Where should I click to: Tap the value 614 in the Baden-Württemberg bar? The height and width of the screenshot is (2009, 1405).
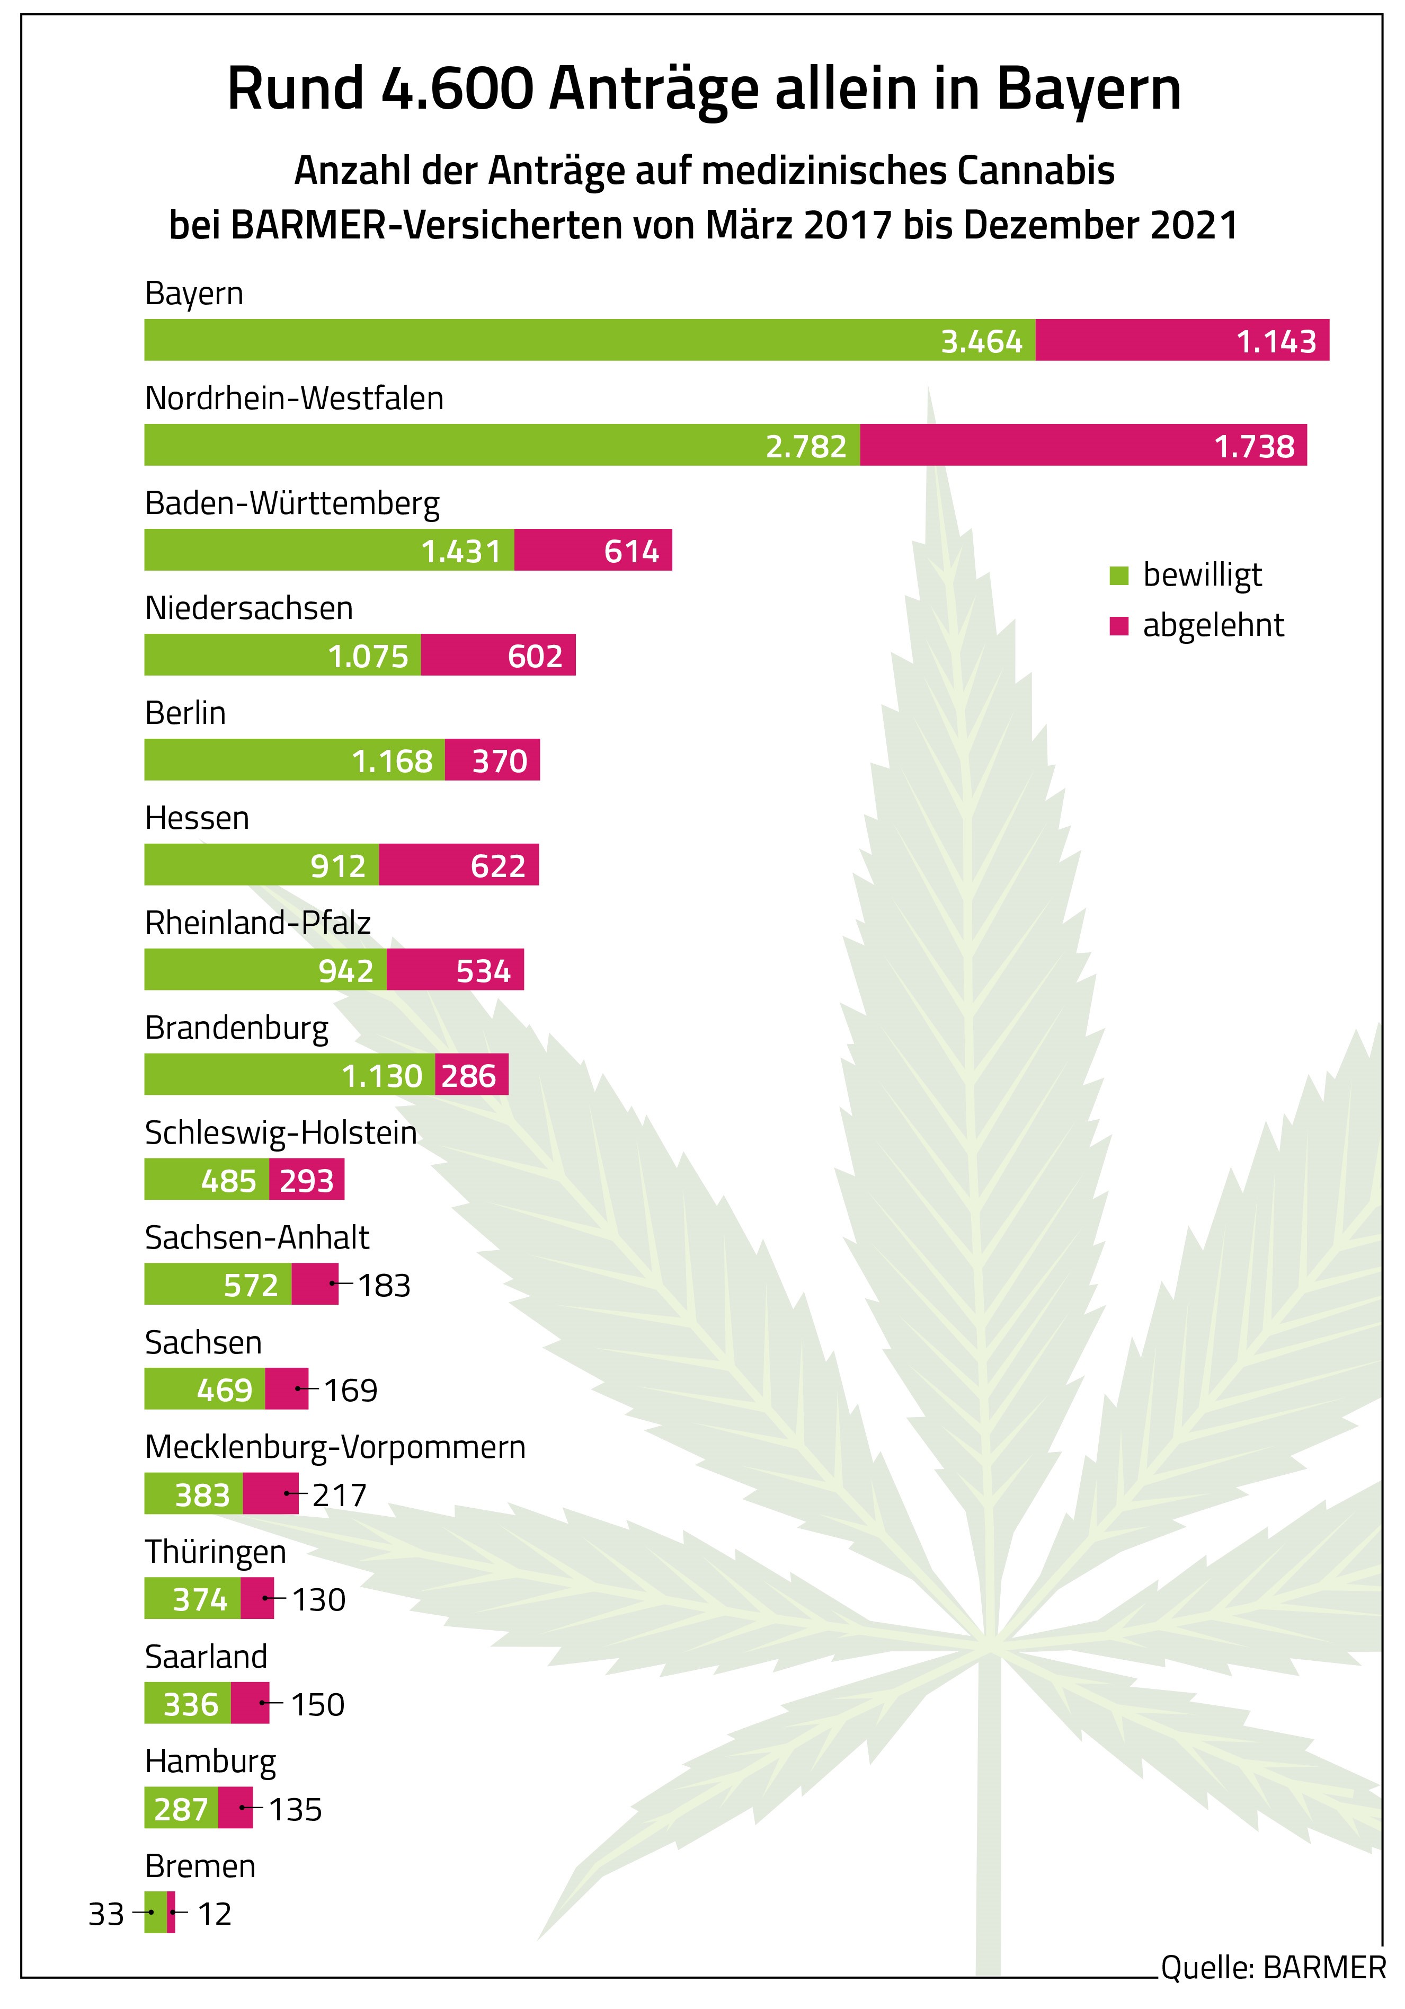pos(631,551)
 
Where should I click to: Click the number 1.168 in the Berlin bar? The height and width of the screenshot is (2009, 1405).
pos(392,761)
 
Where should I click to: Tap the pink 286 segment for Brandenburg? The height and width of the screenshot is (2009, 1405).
pos(470,1075)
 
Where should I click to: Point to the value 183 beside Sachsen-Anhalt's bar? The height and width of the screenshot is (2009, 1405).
pos(384,1286)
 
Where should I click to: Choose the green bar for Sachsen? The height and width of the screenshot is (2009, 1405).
pos(204,1390)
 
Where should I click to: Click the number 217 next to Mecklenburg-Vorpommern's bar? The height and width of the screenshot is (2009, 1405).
pos(340,1494)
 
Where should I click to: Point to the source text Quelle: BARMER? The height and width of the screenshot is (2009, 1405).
pos(1273,1967)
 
